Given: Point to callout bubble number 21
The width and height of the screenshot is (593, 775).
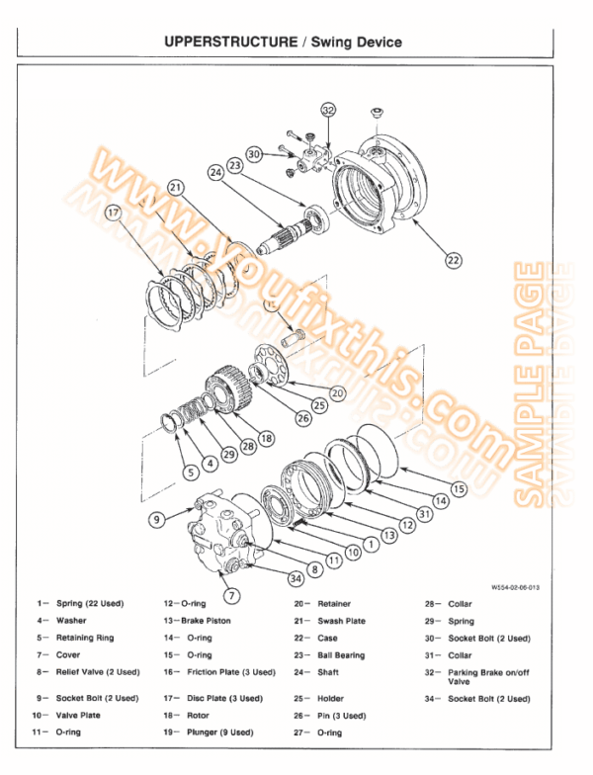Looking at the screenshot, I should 176,187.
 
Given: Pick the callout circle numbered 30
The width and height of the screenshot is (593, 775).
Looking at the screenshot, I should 255,153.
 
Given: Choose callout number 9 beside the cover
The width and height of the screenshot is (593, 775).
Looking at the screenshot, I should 156,518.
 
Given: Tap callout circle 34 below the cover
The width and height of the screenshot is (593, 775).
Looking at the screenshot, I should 295,577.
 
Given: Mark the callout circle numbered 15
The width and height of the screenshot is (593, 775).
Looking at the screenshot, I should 458,488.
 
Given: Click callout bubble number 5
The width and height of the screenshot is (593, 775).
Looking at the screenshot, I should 192,473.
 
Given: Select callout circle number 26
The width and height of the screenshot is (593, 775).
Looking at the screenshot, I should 301,417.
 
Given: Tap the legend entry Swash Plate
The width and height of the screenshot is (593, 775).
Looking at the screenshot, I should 341,621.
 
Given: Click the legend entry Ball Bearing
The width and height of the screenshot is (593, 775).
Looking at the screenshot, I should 341,654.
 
